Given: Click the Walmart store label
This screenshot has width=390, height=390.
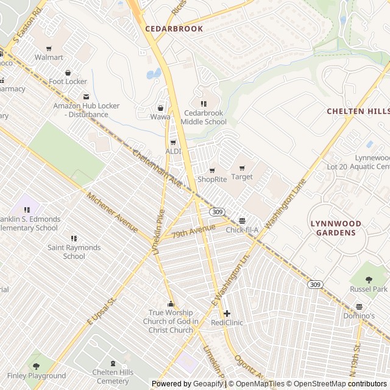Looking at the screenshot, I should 49,57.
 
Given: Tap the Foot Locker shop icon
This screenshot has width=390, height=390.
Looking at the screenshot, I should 68,73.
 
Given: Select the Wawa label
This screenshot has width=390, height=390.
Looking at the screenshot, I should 160,116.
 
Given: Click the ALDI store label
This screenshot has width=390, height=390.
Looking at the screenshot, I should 174,151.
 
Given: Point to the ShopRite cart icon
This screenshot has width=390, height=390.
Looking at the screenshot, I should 212,170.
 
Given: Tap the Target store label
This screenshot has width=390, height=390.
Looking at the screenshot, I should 242,177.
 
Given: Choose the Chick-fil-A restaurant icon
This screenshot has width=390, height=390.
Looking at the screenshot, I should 243,221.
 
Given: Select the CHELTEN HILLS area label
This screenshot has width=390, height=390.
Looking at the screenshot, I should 358,112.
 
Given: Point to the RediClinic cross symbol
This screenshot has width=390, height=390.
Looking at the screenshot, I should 227,313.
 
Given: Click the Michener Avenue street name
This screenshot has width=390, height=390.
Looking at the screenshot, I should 112,213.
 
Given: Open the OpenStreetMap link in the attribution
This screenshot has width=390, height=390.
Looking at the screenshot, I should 316,384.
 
